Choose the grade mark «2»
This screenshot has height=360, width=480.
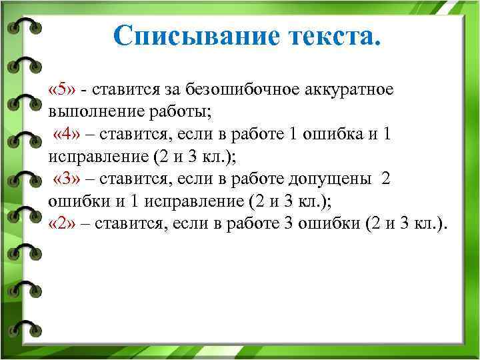[63, 223]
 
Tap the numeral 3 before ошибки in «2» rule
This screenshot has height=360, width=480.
[288, 223]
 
